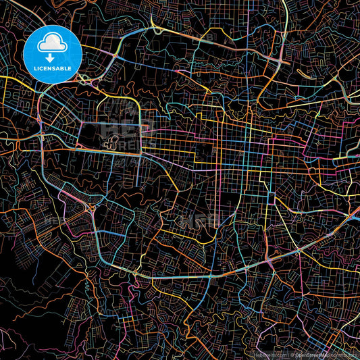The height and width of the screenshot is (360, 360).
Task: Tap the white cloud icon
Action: (x=52, y=45)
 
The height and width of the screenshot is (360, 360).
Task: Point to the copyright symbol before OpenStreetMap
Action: (x=292, y=354)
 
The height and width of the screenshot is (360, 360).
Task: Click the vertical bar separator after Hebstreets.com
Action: (x=288, y=354)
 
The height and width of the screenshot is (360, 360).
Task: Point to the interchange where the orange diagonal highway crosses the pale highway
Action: (x=92, y=210)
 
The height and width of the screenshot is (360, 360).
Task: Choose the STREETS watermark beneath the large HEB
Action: (x=122, y=145)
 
